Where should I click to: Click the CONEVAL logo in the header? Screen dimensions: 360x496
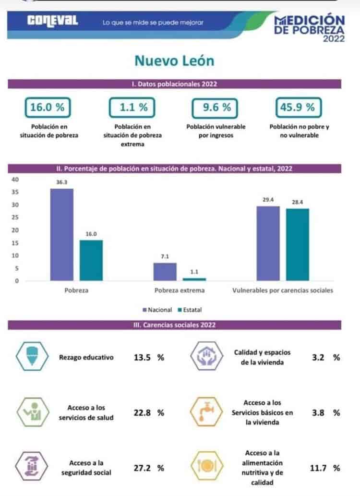(x=52, y=21)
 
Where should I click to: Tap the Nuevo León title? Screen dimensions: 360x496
(x=174, y=60)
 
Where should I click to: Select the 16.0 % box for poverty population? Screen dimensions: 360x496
(x=48, y=108)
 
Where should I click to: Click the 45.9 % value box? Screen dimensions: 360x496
(x=298, y=108)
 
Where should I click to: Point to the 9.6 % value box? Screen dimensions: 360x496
(x=215, y=108)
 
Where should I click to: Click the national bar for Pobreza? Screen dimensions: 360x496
(x=62, y=234)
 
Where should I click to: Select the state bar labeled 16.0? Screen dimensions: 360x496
(x=91, y=260)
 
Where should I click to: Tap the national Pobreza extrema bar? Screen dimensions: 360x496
(x=165, y=272)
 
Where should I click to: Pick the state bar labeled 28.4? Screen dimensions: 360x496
(x=298, y=244)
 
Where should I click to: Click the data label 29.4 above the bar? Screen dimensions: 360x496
(x=268, y=200)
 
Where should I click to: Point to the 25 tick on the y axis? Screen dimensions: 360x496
(x=15, y=218)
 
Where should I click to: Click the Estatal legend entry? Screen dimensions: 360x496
(x=190, y=310)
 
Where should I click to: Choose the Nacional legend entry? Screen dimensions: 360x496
(x=157, y=310)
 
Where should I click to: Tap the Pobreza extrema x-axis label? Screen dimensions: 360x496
(x=180, y=290)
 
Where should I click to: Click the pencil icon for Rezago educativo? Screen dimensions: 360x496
(x=32, y=356)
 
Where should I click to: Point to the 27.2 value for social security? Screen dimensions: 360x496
(x=142, y=468)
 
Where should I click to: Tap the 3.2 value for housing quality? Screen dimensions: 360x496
(x=318, y=357)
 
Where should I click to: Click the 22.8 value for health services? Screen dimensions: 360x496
(x=142, y=413)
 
